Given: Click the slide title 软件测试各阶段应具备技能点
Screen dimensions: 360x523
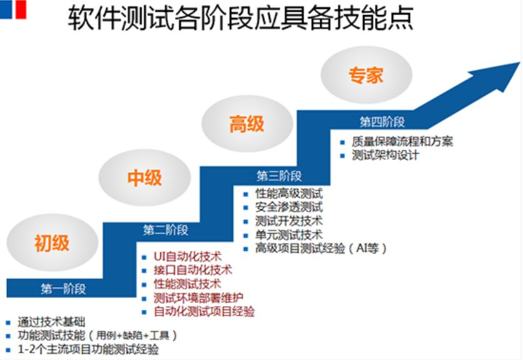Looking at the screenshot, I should coord(241,19).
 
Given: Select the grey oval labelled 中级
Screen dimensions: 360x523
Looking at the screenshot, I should coord(144,177).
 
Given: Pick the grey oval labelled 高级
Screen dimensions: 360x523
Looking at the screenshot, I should coord(247,124).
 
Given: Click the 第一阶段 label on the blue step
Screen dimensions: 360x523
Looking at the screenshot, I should coord(63,289).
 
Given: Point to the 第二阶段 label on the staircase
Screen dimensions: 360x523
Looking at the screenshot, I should coord(166,230).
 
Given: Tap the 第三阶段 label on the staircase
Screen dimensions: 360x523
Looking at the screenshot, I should coord(279,176).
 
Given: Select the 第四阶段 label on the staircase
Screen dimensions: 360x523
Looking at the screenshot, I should coord(382,122).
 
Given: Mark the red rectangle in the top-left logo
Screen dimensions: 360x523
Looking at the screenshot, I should coord(21,9).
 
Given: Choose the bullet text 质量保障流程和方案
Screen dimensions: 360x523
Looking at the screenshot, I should coord(402,142).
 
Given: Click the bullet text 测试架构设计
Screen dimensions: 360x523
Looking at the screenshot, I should coord(386,156).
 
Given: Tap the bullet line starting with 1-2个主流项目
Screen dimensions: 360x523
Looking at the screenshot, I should coord(88,349).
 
